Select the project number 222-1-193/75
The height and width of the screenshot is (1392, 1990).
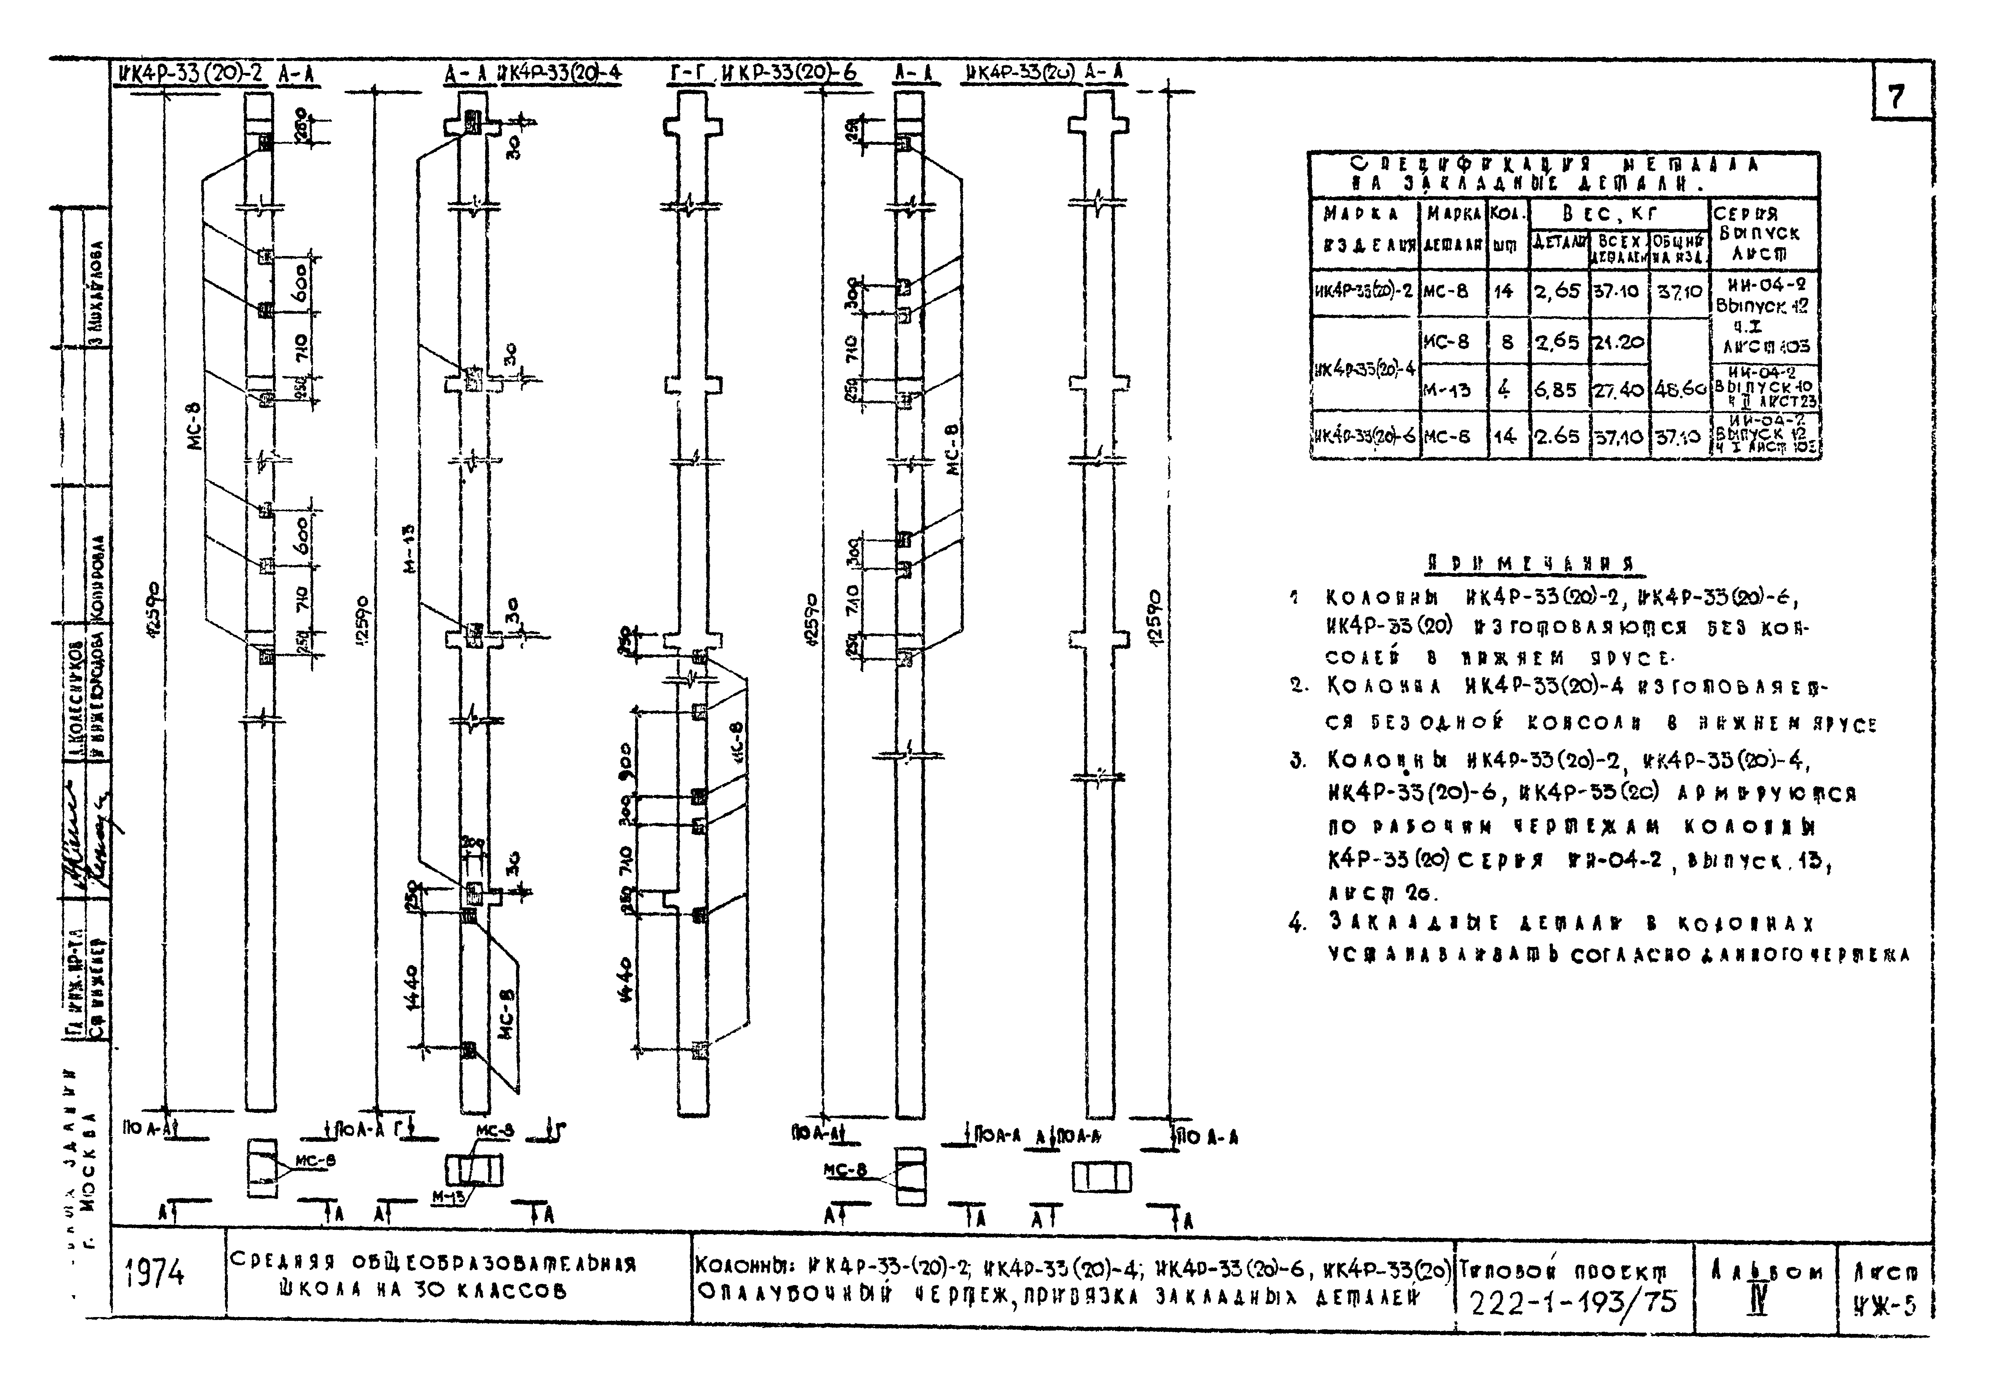[1573, 1302]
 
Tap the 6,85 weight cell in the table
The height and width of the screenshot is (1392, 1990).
[1557, 390]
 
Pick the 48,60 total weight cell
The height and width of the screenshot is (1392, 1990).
[1680, 390]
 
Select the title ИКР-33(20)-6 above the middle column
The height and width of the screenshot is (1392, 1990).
[789, 75]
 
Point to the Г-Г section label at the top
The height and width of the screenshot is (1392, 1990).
[691, 75]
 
